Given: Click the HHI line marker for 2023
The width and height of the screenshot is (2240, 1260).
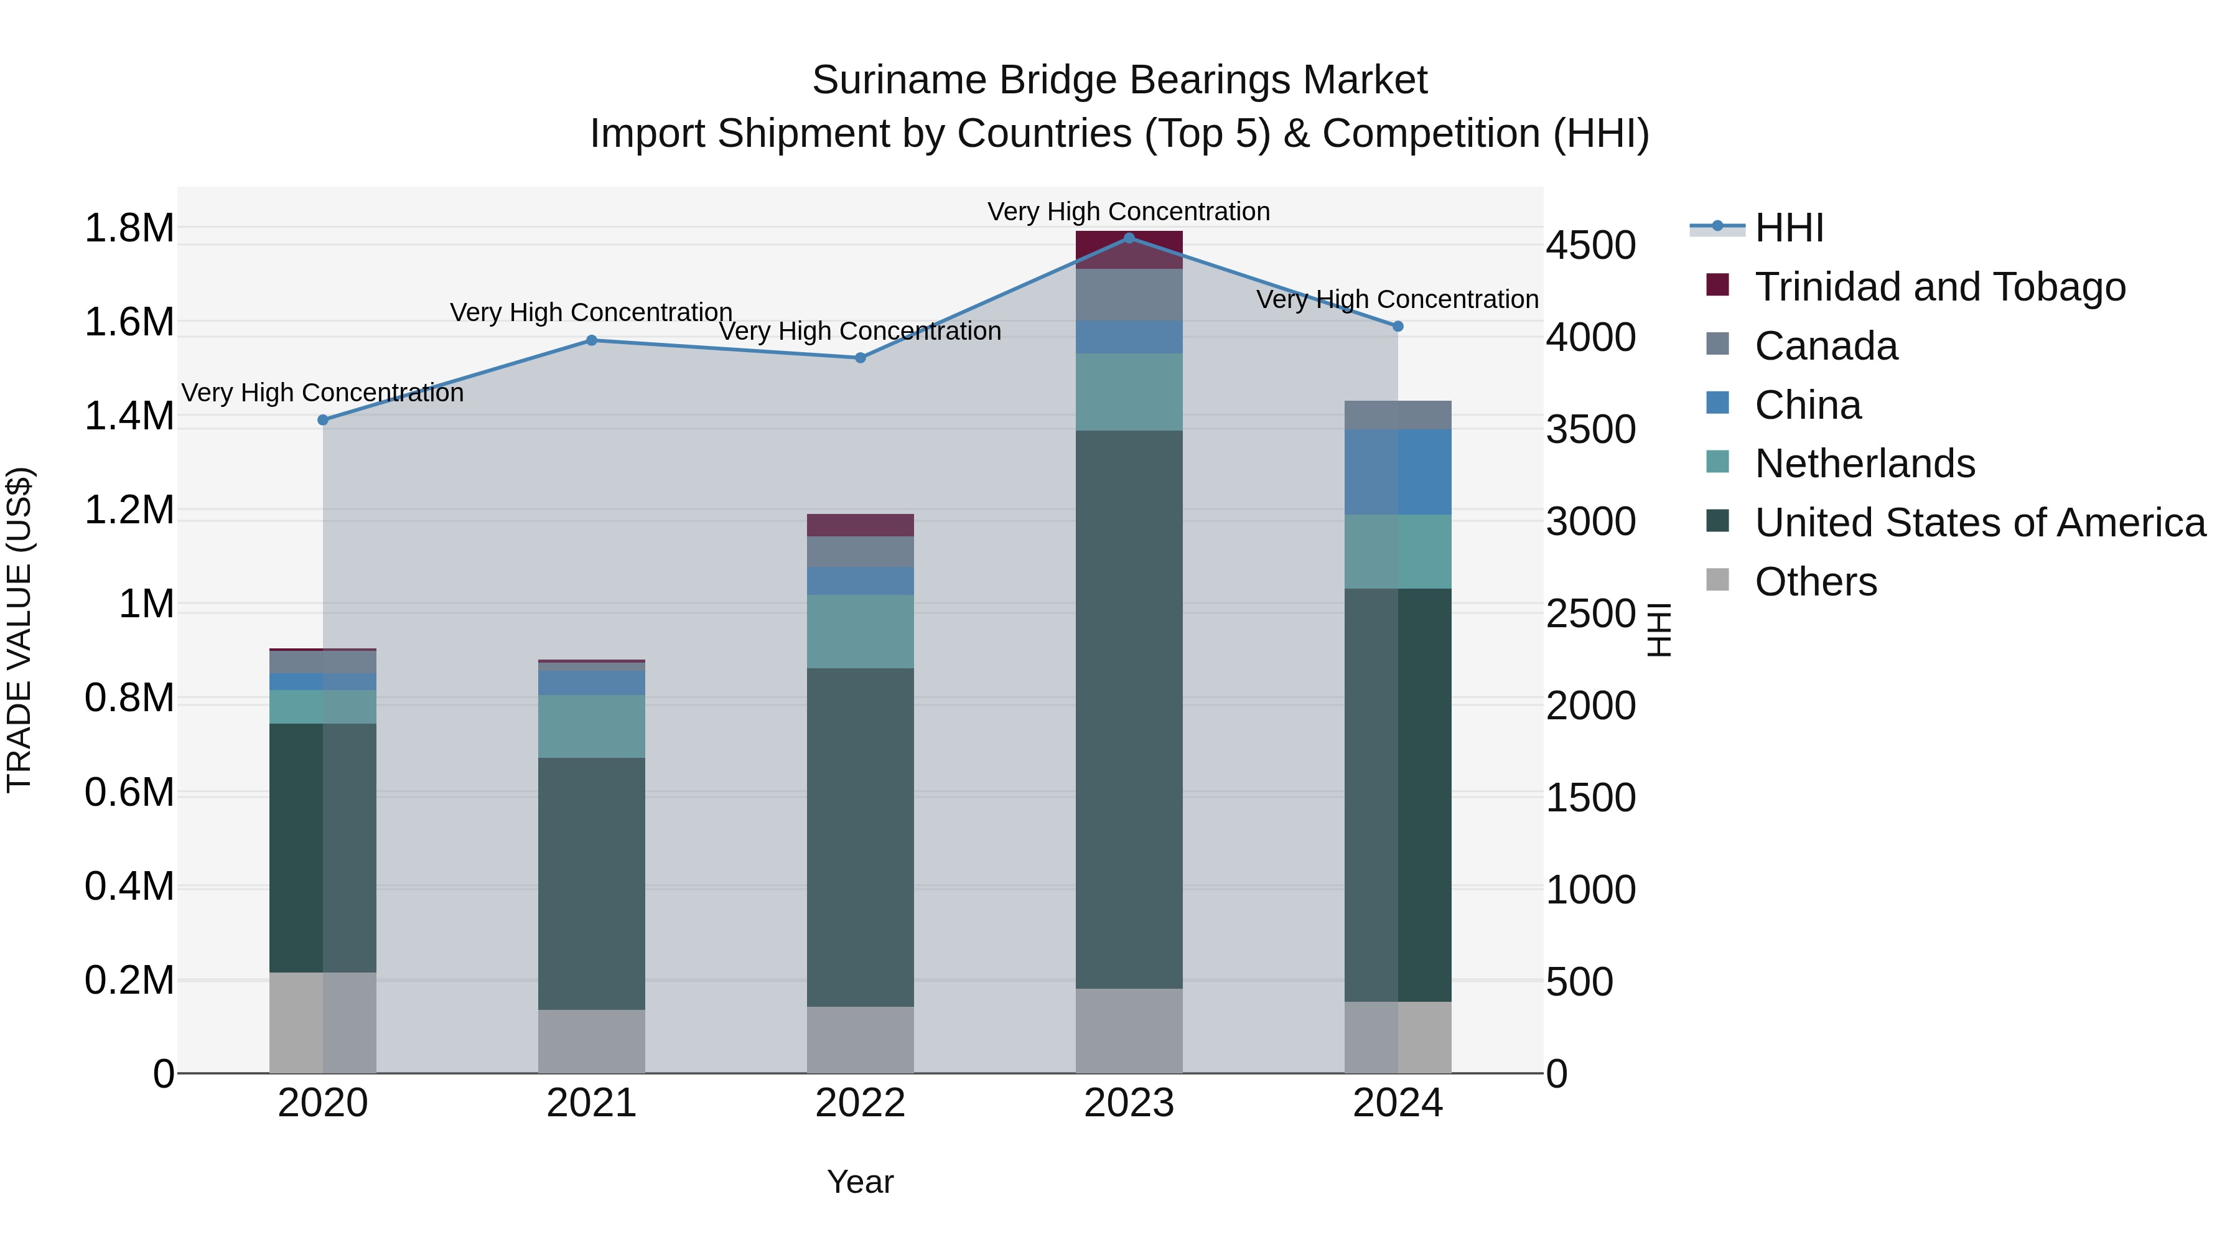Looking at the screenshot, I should coord(1129,238).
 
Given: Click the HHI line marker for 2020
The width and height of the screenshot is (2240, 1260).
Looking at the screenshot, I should coord(322,420).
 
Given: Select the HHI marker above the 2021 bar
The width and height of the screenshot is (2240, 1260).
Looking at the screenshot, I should coord(591,340).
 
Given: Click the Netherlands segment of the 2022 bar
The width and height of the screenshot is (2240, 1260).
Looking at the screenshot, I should coord(860,632).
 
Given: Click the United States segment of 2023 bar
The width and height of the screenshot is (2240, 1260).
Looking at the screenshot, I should coord(1129,709).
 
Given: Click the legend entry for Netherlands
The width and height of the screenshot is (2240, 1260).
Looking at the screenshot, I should coord(1864,464).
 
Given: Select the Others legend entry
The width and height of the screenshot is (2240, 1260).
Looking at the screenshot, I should coord(1815,582).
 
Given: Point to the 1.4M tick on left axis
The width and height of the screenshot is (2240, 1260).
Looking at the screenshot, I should coord(129,416).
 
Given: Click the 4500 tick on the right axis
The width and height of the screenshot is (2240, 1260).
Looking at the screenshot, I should coord(1590,245).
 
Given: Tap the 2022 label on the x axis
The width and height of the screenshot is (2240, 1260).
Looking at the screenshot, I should coord(860,1103).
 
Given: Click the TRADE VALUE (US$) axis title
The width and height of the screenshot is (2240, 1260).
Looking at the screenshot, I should coord(19,630).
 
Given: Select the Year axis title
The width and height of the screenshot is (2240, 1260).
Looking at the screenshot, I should coord(860,1182).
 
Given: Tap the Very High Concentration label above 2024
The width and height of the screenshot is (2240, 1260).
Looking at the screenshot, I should coord(1398,299).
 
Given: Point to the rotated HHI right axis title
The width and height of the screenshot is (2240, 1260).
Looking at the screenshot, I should coord(1659,630).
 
